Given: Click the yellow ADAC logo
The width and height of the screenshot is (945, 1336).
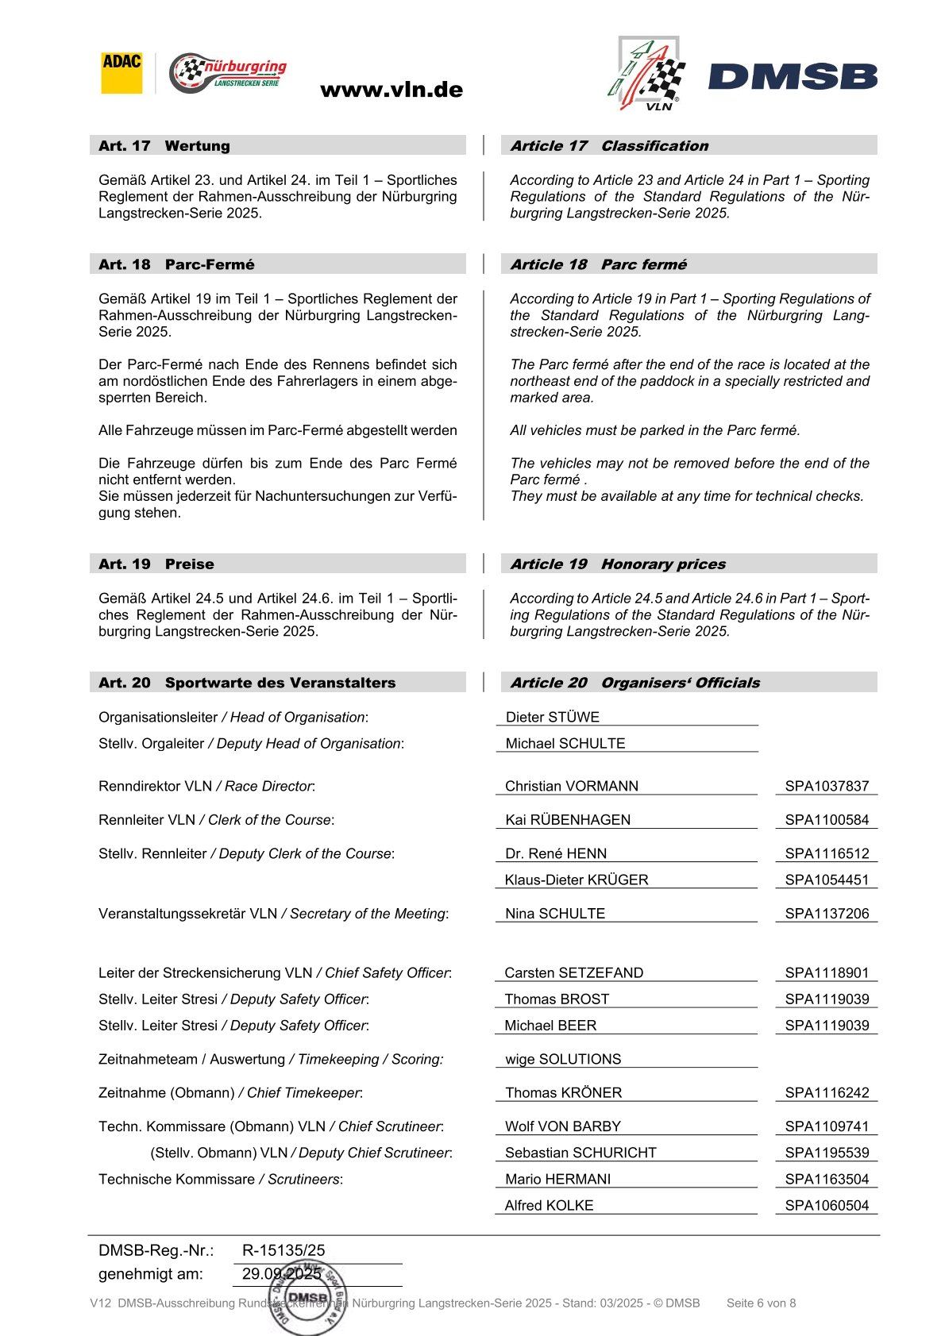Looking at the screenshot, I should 121,73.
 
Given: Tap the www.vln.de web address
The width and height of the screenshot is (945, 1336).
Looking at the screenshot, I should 391,90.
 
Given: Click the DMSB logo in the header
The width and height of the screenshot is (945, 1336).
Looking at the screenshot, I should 793,77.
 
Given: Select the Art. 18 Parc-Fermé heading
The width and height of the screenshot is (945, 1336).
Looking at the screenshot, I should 176,264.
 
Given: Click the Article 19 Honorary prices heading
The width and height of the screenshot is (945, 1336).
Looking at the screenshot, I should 617,564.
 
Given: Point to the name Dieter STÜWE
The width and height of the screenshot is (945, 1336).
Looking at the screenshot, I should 552,717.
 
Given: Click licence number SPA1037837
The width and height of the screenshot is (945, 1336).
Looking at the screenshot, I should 827,786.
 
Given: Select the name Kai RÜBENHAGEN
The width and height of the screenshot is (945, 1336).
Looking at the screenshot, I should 568,819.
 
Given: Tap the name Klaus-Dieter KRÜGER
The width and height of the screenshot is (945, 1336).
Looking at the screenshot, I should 577,880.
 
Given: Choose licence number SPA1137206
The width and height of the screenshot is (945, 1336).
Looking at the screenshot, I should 827,913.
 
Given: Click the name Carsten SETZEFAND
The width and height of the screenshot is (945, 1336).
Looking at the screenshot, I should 573,972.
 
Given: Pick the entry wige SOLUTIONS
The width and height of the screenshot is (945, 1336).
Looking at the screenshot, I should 563,1059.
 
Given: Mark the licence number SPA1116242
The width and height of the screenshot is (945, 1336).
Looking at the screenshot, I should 827,1092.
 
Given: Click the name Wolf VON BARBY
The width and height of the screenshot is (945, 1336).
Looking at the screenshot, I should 562,1126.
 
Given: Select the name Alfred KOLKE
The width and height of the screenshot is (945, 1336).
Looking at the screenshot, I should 549,1205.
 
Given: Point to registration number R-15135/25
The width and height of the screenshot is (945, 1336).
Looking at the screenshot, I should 283,1250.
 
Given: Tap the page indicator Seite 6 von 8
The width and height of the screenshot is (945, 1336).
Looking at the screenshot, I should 761,1303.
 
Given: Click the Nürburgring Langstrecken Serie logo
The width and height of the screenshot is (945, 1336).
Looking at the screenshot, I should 228,73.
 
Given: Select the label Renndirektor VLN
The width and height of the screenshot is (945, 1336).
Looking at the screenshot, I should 155,786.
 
